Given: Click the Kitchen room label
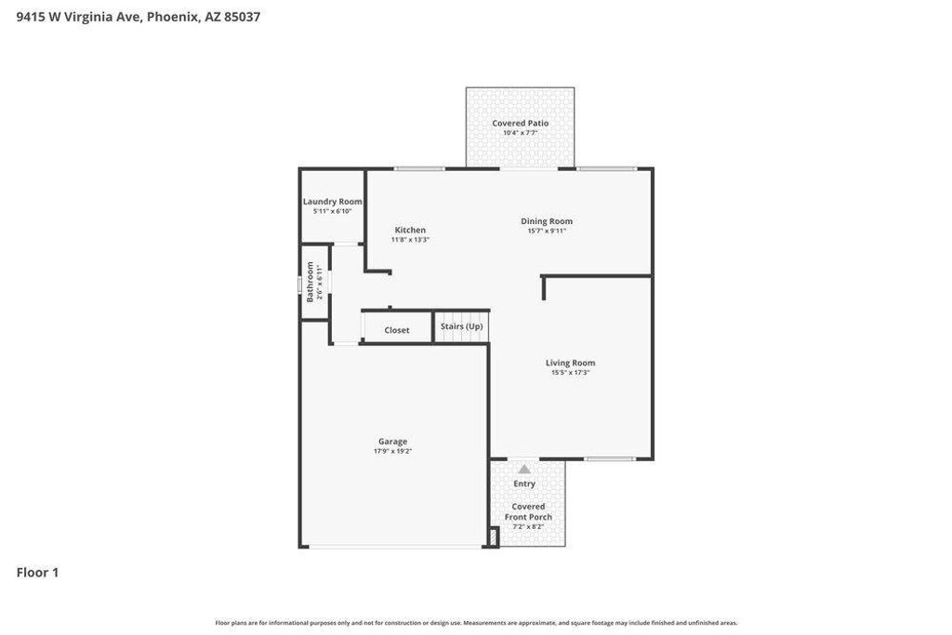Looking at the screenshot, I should click(x=410, y=230).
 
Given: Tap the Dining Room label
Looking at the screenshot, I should click(x=547, y=221).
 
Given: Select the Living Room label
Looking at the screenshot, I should click(x=570, y=363).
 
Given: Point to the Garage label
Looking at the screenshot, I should click(x=392, y=442).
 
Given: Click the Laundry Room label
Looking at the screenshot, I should click(x=332, y=202).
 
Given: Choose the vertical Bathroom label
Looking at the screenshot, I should click(x=311, y=281).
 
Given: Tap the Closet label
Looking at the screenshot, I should click(x=397, y=330).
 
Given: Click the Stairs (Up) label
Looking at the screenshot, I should click(x=461, y=326).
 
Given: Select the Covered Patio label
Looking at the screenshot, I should click(x=520, y=123).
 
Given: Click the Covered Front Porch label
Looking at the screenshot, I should click(x=528, y=511).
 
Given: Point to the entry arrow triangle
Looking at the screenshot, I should click(x=524, y=470).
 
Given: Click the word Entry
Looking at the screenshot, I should click(x=524, y=483).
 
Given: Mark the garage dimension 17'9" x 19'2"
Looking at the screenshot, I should click(x=392, y=451).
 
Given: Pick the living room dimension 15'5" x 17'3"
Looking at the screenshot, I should click(x=570, y=372).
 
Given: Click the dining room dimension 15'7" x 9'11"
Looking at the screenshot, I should click(x=547, y=231).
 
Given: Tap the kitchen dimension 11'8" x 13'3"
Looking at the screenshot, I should click(x=410, y=239).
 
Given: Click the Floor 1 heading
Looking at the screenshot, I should click(x=37, y=573).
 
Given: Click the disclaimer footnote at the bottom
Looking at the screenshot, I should click(x=476, y=623).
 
